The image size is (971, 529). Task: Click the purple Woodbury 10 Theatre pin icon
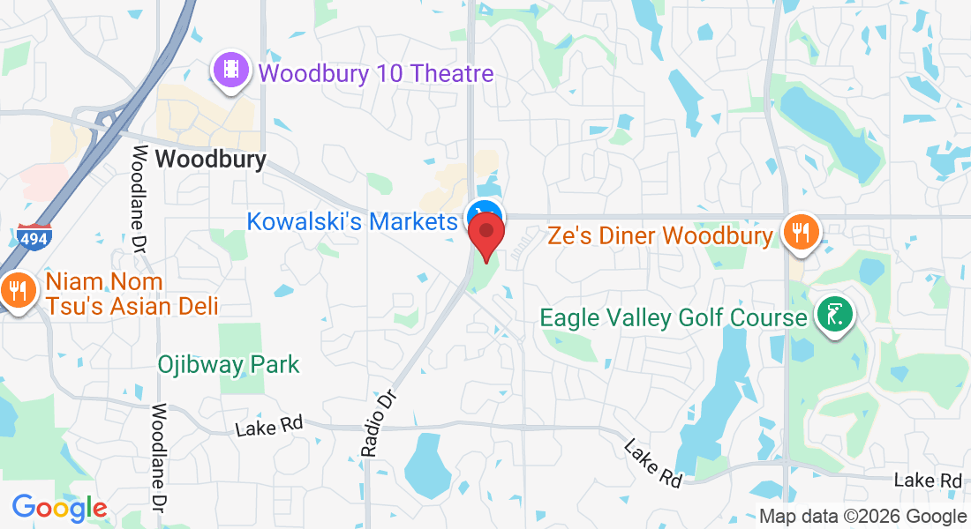(x=231, y=70)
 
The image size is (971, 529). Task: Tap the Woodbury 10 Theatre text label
(x=376, y=73)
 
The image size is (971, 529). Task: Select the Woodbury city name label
(x=210, y=160)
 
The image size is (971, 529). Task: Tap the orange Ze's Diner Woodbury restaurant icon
(x=802, y=233)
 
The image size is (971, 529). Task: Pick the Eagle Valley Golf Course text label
(x=674, y=317)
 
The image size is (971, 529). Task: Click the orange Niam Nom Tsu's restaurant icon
(x=17, y=290)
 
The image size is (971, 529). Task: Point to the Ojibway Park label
(x=229, y=364)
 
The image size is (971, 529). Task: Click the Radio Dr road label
(x=380, y=423)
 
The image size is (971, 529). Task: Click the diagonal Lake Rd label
(x=653, y=463)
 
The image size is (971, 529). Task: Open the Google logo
(x=59, y=508)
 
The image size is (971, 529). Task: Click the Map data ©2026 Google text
(x=862, y=517)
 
